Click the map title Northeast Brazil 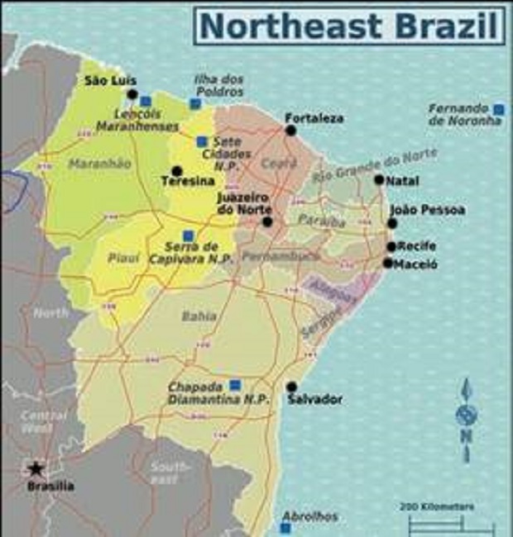coord(350,26)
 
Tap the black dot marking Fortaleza coord(290,130)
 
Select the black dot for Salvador coord(291,386)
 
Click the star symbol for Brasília coord(34,468)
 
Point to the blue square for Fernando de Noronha coord(498,109)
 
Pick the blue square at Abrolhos coord(287,501)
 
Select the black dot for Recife coord(391,246)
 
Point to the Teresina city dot coord(176,171)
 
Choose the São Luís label coord(106,80)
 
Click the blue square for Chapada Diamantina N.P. coord(235,384)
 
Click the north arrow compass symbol coord(466,417)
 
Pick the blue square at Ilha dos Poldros coord(195,103)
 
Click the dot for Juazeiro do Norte coord(266,221)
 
